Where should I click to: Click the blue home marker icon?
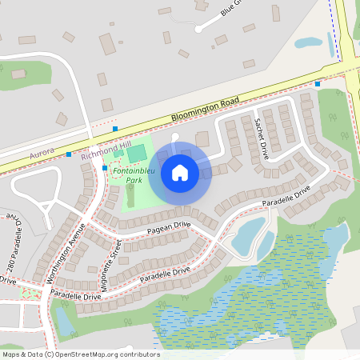[180, 172]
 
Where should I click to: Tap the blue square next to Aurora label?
[69, 154]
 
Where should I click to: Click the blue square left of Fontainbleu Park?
[105, 168]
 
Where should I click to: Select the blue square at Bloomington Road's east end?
[318, 82]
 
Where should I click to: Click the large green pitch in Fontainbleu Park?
[137, 153]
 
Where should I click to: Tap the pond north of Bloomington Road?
[309, 42]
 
